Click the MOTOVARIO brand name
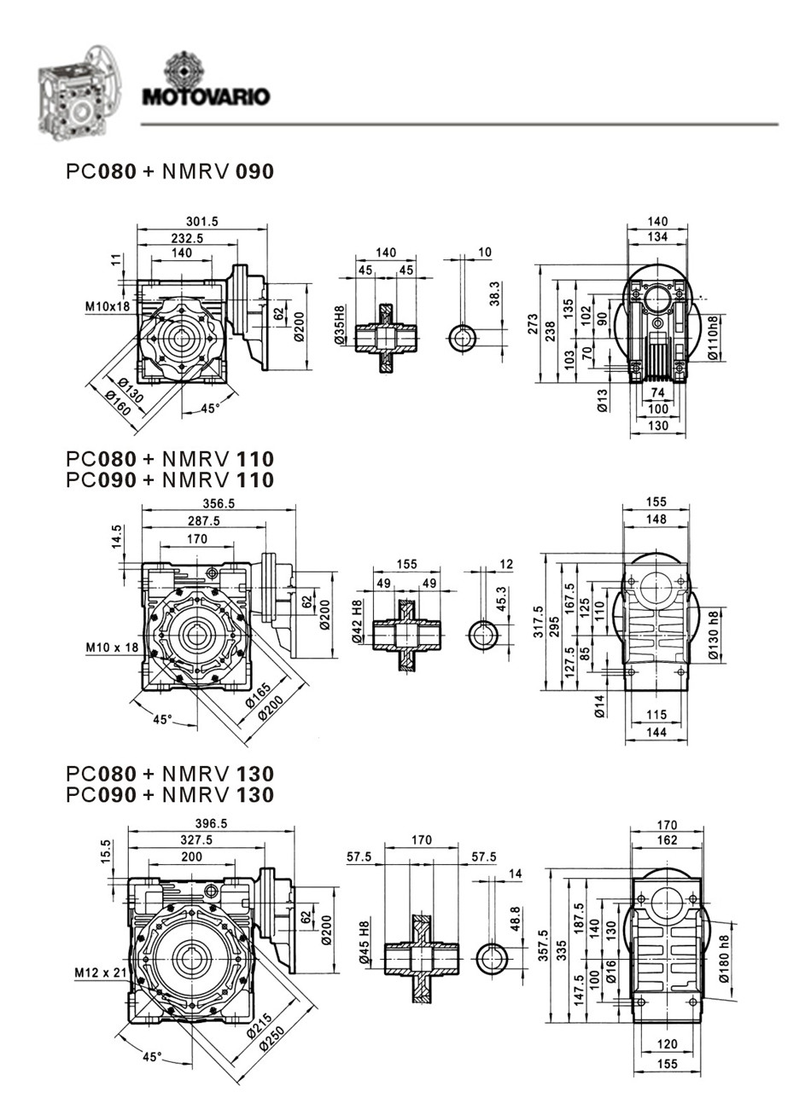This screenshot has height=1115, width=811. point(206,96)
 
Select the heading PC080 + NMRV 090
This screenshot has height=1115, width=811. point(170,171)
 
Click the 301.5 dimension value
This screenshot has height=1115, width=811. point(202,221)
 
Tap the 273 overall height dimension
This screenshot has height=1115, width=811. point(533,323)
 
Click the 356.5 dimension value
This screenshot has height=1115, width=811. point(219,502)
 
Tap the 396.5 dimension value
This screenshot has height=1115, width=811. point(210,824)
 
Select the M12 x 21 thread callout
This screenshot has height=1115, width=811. point(100,973)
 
